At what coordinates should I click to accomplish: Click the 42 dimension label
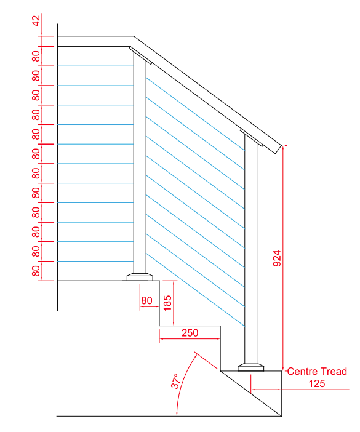(36, 22)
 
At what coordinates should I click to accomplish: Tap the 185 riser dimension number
(167, 301)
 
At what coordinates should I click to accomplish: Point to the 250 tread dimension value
(190, 333)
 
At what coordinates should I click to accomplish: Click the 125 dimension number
(316, 383)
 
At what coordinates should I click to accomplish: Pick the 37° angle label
(175, 382)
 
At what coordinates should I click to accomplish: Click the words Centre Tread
(317, 371)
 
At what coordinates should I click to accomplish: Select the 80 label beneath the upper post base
(146, 301)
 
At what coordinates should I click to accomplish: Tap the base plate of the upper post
(140, 276)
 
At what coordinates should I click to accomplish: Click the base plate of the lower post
(251, 367)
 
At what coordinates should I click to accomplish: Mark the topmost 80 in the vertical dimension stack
(36, 57)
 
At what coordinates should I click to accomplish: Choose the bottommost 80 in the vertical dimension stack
(36, 271)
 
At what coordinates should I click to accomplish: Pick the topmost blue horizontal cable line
(95, 66)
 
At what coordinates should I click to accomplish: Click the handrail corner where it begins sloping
(133, 39)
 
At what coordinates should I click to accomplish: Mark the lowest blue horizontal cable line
(95, 262)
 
